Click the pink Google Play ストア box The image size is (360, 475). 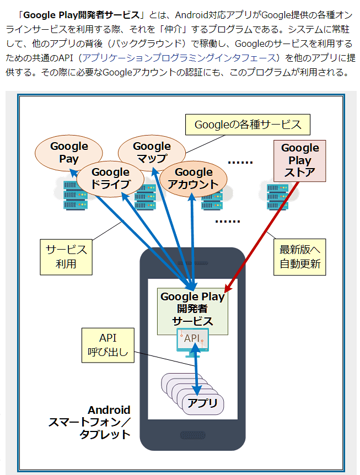coord(300,160)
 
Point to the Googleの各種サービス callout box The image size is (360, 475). coord(248,125)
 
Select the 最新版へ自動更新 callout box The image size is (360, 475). coord(300,257)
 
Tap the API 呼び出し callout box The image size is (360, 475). coord(108,346)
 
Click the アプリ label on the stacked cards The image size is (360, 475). coord(202,403)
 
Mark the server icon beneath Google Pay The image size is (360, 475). coord(72,192)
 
